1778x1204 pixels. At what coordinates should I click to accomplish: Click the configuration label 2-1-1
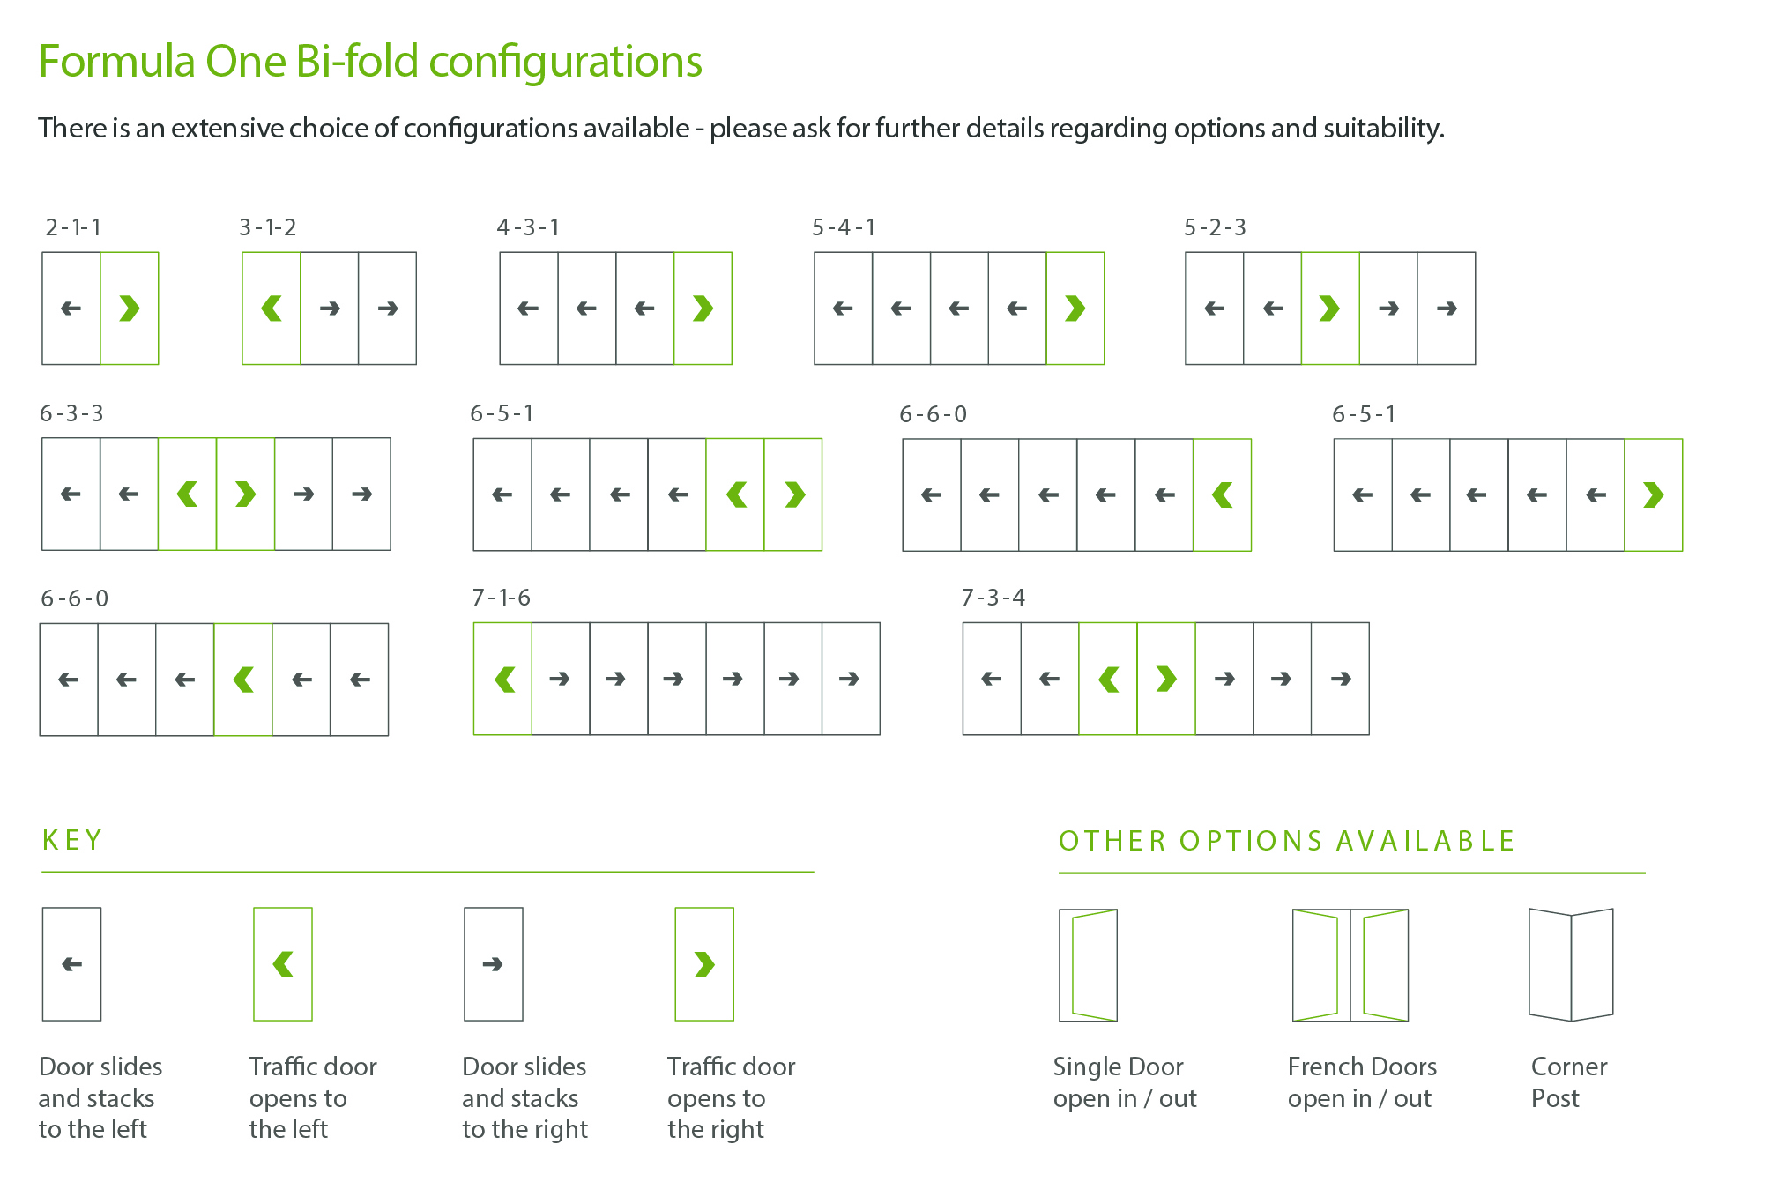pyautogui.click(x=73, y=227)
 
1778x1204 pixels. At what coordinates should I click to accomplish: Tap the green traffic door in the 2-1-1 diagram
pyautogui.click(x=130, y=308)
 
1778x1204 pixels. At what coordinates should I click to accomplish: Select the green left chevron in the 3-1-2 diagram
pyautogui.click(x=272, y=308)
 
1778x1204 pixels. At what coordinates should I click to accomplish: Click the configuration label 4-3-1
pyautogui.click(x=528, y=227)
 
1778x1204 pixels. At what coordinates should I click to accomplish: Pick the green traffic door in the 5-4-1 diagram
pyautogui.click(x=1075, y=308)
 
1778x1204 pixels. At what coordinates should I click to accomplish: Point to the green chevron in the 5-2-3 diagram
pyautogui.click(x=1329, y=308)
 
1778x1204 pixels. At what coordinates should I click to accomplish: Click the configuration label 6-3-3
pyautogui.click(x=71, y=413)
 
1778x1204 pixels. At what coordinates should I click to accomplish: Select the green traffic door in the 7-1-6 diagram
pyautogui.click(x=503, y=679)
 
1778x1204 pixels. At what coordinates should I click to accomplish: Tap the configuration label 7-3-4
pyautogui.click(x=993, y=598)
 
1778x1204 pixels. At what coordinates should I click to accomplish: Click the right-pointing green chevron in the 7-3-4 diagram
pyautogui.click(x=1166, y=679)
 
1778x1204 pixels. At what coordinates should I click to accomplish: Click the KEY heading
pyautogui.click(x=72, y=840)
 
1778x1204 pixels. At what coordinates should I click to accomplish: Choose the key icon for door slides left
pyautogui.click(x=72, y=964)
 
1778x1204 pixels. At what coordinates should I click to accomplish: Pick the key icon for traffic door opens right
pyautogui.click(x=703, y=964)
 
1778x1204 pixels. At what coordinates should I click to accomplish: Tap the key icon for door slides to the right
pyautogui.click(x=494, y=964)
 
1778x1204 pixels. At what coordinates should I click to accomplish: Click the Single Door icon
pyautogui.click(x=1088, y=965)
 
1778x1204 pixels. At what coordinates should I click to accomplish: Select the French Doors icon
pyautogui.click(x=1350, y=965)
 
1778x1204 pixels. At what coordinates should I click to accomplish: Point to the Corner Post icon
pyautogui.click(x=1571, y=965)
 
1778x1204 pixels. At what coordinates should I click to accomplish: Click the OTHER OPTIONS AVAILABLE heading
pyautogui.click(x=1286, y=841)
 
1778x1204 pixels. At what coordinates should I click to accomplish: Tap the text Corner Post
pyautogui.click(x=1568, y=1082)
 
